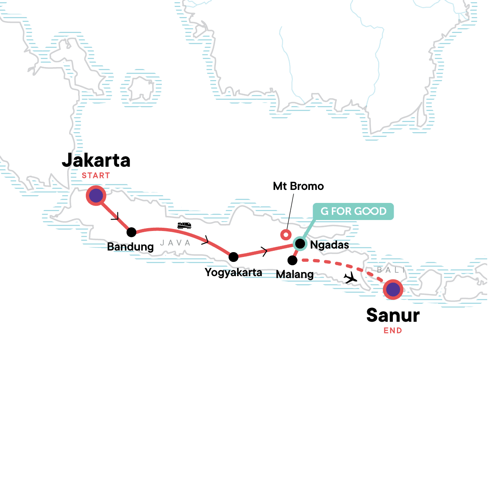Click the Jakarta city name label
pyautogui.click(x=96, y=161)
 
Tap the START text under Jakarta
pyautogui.click(x=96, y=176)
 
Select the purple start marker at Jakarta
pyautogui.click(x=96, y=196)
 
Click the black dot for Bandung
pyautogui.click(x=131, y=232)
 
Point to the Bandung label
pyautogui.click(x=130, y=247)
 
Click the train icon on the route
pyautogui.click(x=185, y=225)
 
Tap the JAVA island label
pyautogui.click(x=175, y=243)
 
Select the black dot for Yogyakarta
pyautogui.click(x=233, y=257)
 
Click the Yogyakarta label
pyautogui.click(x=233, y=272)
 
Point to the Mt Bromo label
pyautogui.click(x=298, y=186)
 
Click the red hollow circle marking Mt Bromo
pyautogui.click(x=286, y=234)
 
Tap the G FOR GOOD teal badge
pyautogui.click(x=353, y=211)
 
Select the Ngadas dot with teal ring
pyautogui.click(x=300, y=244)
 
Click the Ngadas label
pyautogui.click(x=329, y=245)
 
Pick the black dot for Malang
pyautogui.click(x=292, y=260)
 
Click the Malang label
pyautogui.click(x=295, y=274)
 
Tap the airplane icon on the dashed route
pyautogui.click(x=350, y=278)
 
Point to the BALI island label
pyautogui.click(x=391, y=270)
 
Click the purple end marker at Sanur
pyautogui.click(x=393, y=290)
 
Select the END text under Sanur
pyautogui.click(x=393, y=331)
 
